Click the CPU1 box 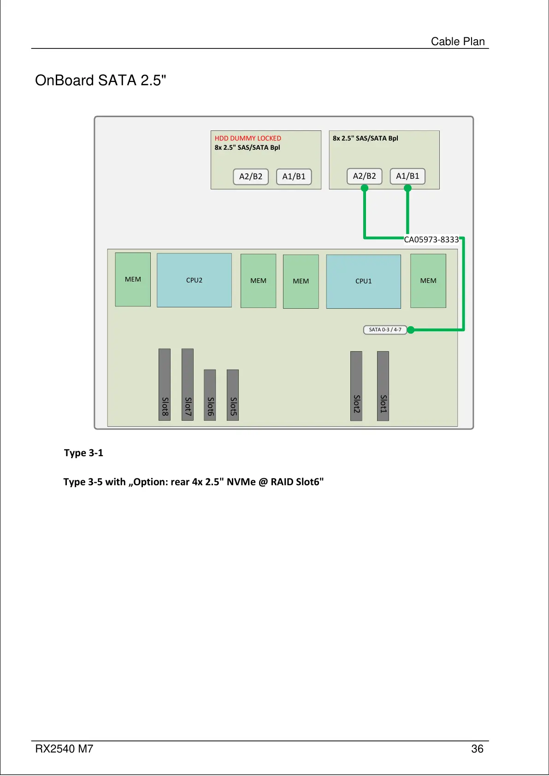[363, 281]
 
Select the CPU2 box [194, 280]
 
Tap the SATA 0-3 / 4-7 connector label [385, 329]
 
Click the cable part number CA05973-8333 [431, 240]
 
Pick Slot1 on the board [383, 386]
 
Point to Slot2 [356, 386]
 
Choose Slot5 [233, 395]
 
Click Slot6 [210, 395]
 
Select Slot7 [188, 384]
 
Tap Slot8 [165, 384]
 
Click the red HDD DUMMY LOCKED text [248, 138]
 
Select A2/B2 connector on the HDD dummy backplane [251, 176]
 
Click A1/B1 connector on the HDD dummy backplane [294, 176]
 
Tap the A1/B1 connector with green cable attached [407, 176]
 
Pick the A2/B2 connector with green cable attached [364, 176]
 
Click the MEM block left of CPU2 [133, 279]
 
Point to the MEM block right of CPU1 [428, 281]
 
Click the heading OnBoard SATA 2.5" [100, 81]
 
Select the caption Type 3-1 [83, 453]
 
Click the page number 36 [477, 749]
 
